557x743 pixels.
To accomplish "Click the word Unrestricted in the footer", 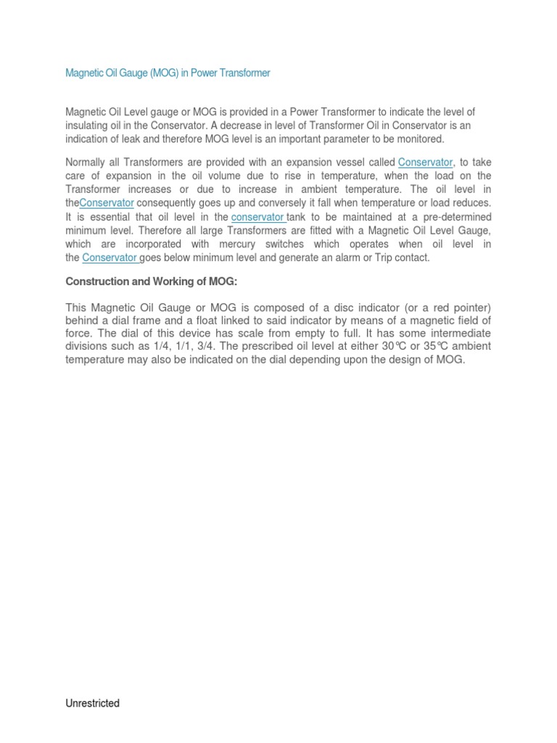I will click(x=93, y=703).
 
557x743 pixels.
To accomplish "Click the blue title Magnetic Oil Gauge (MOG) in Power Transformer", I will click(x=168, y=73).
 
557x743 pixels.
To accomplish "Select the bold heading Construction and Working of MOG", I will click(x=152, y=282).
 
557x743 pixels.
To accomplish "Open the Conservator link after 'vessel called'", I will click(x=425, y=162).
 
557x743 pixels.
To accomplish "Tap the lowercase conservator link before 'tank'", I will click(x=257, y=217).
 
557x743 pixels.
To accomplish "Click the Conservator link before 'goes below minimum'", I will click(x=110, y=258).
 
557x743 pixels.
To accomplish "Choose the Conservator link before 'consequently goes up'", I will click(x=107, y=203).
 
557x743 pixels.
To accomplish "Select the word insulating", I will click(x=88, y=126).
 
